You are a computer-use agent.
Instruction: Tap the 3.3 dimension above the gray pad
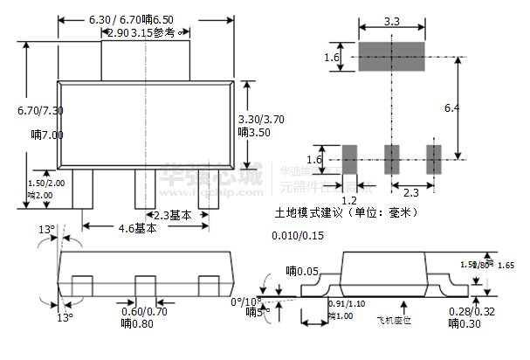point(391,21)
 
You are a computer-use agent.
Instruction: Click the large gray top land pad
point(391,58)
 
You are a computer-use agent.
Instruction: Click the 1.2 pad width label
point(348,200)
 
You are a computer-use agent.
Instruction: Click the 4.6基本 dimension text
point(138,229)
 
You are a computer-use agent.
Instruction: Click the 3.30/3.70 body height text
point(261,119)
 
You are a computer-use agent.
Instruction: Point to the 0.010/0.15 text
point(298,236)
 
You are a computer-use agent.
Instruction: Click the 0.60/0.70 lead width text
point(145,310)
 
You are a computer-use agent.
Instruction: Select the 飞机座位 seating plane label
point(394,321)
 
